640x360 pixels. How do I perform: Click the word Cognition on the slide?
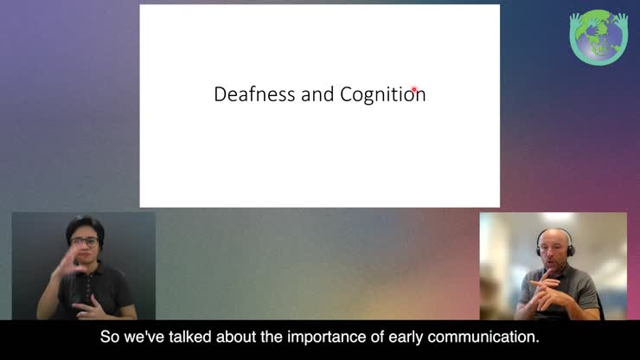[x=382, y=94]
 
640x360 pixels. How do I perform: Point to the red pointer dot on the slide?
[x=415, y=89]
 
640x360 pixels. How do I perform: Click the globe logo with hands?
[x=598, y=37]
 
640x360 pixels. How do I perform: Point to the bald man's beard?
[x=554, y=261]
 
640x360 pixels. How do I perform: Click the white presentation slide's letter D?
[x=220, y=94]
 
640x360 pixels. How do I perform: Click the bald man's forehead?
[x=551, y=237]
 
